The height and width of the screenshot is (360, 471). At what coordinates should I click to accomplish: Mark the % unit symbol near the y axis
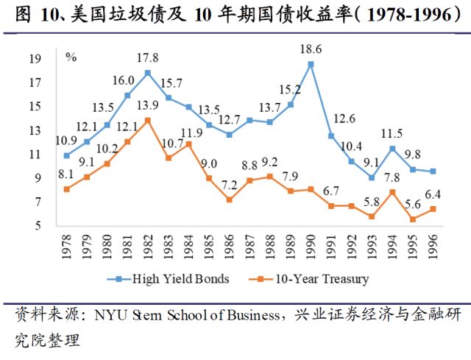[71, 57]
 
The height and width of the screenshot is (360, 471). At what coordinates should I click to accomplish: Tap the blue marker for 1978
[67, 155]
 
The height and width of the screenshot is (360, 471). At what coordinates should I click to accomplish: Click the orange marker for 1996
[433, 208]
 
